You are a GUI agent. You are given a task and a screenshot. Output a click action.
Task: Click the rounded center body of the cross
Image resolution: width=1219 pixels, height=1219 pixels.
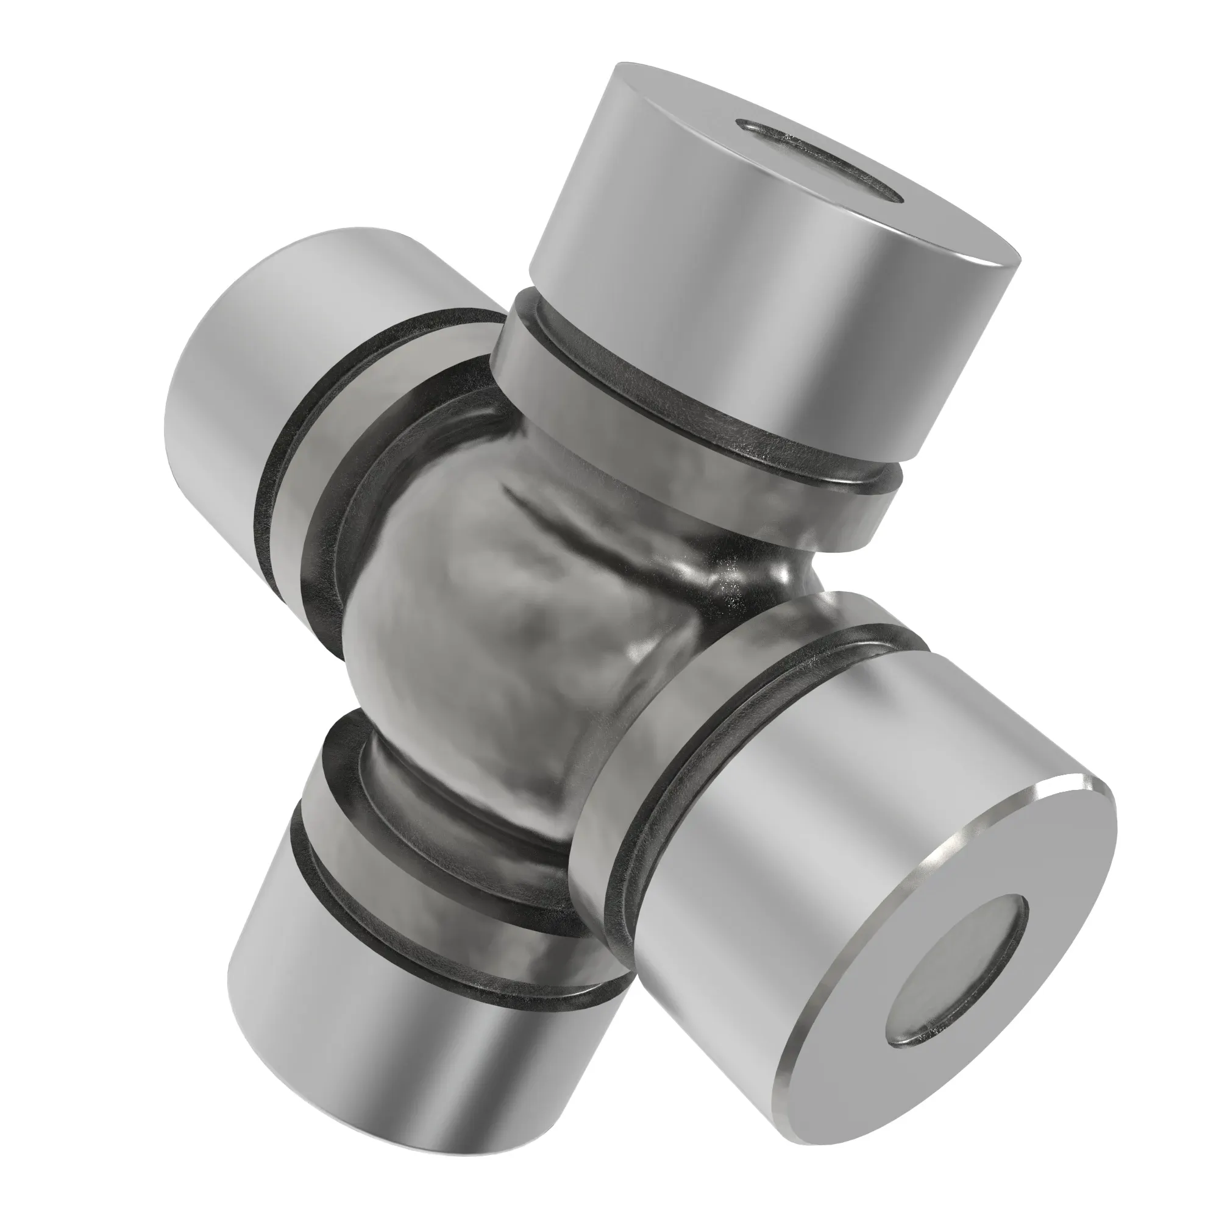point(505,631)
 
